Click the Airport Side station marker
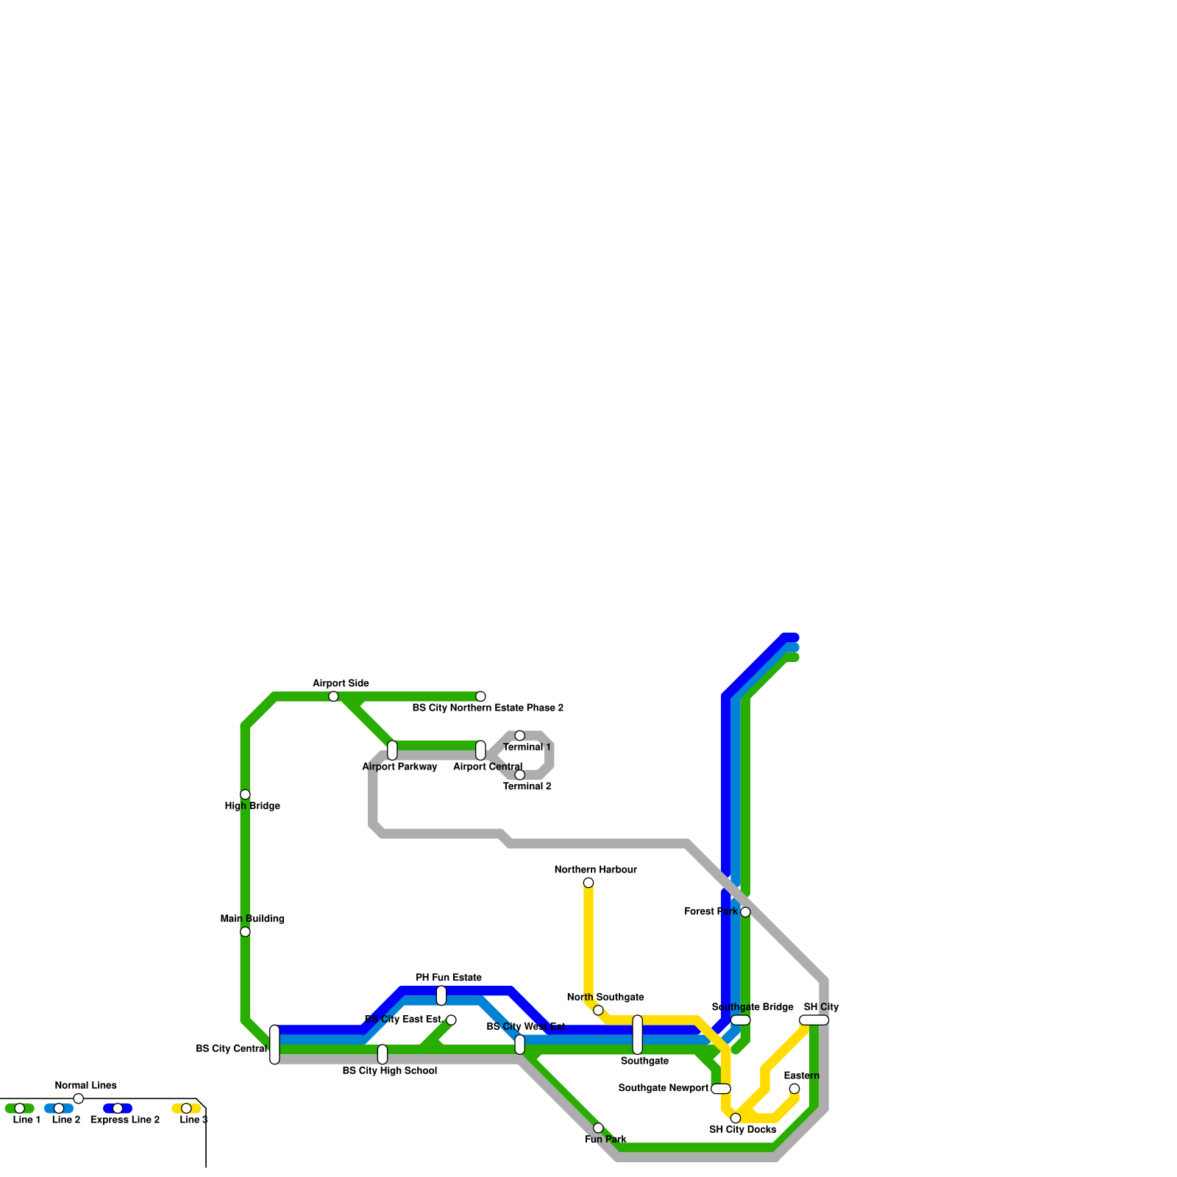333,696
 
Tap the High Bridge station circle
245,794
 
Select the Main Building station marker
245,931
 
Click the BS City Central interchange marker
274,1045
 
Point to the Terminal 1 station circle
519,736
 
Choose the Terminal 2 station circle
519,775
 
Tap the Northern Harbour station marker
588,883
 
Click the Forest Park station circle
745,912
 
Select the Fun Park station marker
598,1128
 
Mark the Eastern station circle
794,1089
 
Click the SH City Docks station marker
736,1118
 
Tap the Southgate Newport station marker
721,1089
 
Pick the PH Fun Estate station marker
441,995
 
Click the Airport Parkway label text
399,767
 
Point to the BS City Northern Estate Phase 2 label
488,708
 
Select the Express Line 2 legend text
125,1120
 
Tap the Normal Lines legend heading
85,1086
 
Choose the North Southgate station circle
598,1010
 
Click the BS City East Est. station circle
451,1020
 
